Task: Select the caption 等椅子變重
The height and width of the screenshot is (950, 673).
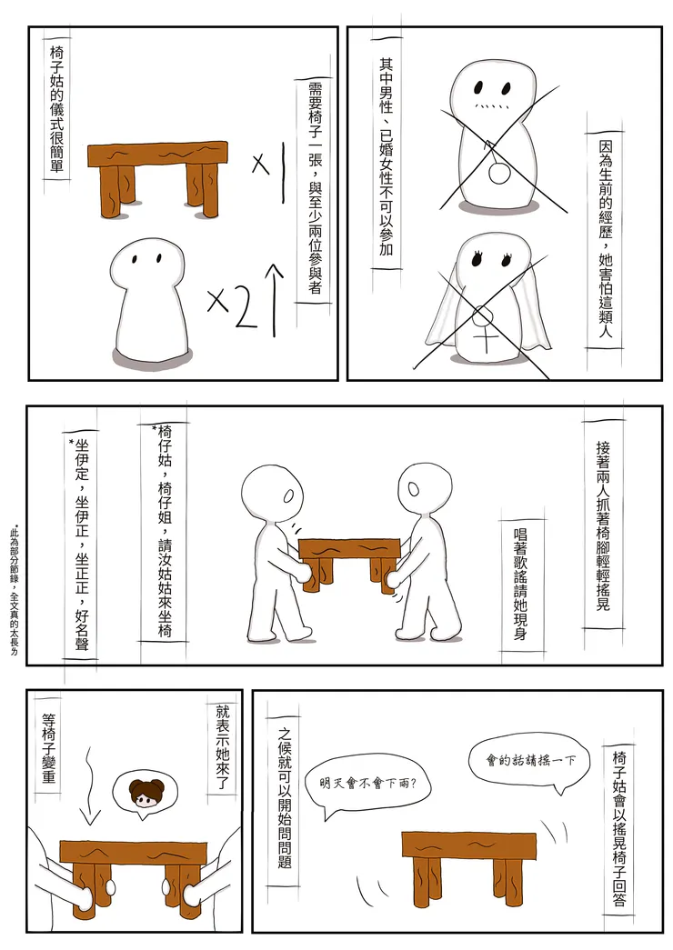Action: pyautogui.click(x=49, y=748)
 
